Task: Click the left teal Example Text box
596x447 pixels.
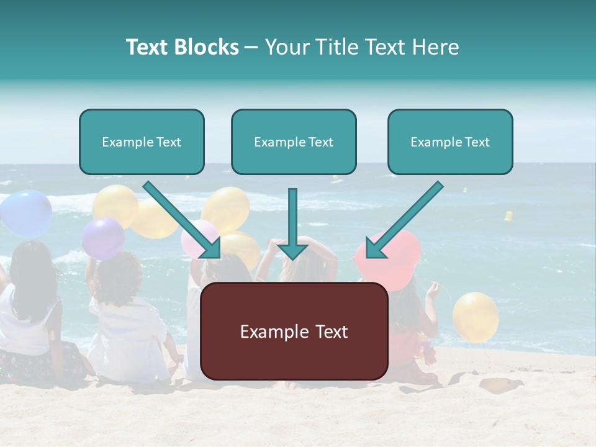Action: click(142, 142)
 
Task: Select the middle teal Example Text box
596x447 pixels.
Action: click(294, 142)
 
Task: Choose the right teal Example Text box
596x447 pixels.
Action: click(450, 142)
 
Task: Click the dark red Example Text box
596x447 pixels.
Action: click(294, 332)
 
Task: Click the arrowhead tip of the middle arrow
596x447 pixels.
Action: click(292, 257)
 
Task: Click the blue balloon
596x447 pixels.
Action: click(26, 213)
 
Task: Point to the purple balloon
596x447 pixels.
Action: click(103, 238)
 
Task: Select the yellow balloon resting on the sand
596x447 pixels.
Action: click(475, 317)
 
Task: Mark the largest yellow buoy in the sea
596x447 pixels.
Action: click(508, 216)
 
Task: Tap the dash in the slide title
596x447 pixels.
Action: click(251, 47)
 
